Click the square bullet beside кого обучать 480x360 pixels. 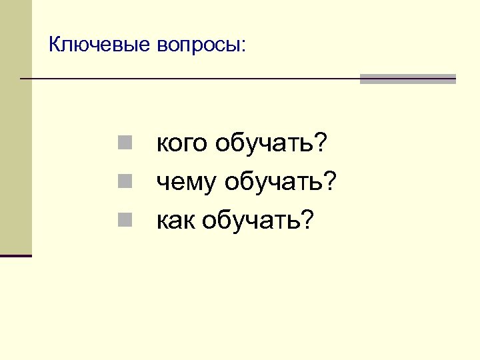(x=125, y=141)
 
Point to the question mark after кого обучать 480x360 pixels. (x=323, y=142)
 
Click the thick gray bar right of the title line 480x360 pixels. (x=407, y=79)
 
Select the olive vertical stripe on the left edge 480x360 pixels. (x=15, y=127)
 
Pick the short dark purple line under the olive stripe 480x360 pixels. (x=15, y=255)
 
